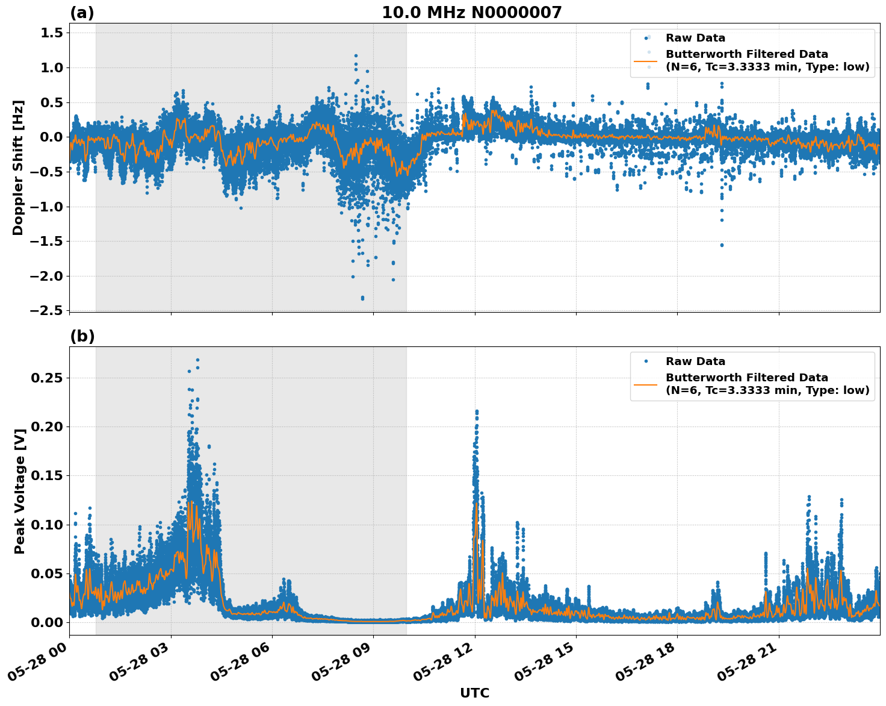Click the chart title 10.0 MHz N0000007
click(471, 13)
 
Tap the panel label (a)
click(82, 13)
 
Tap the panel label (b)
click(82, 336)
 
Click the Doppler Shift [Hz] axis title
click(18, 167)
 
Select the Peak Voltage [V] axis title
click(20, 491)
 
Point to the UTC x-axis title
click(474, 693)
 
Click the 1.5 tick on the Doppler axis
click(51, 33)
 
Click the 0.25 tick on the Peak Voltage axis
click(46, 378)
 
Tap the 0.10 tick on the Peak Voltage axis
click(46, 524)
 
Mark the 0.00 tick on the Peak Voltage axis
click(46, 622)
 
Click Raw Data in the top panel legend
click(695, 38)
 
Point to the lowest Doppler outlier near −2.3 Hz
click(362, 298)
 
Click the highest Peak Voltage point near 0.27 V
click(197, 360)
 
